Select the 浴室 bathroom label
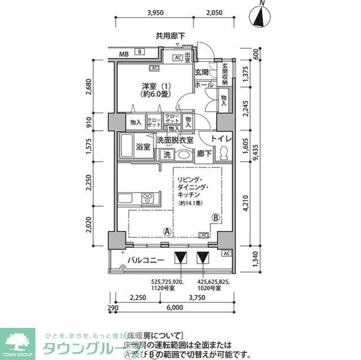click(143, 148)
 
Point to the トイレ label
click(222, 139)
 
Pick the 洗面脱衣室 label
click(175, 140)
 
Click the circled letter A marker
click(168, 231)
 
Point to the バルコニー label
click(145, 260)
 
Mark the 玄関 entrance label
click(202, 72)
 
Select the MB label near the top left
click(124, 54)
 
